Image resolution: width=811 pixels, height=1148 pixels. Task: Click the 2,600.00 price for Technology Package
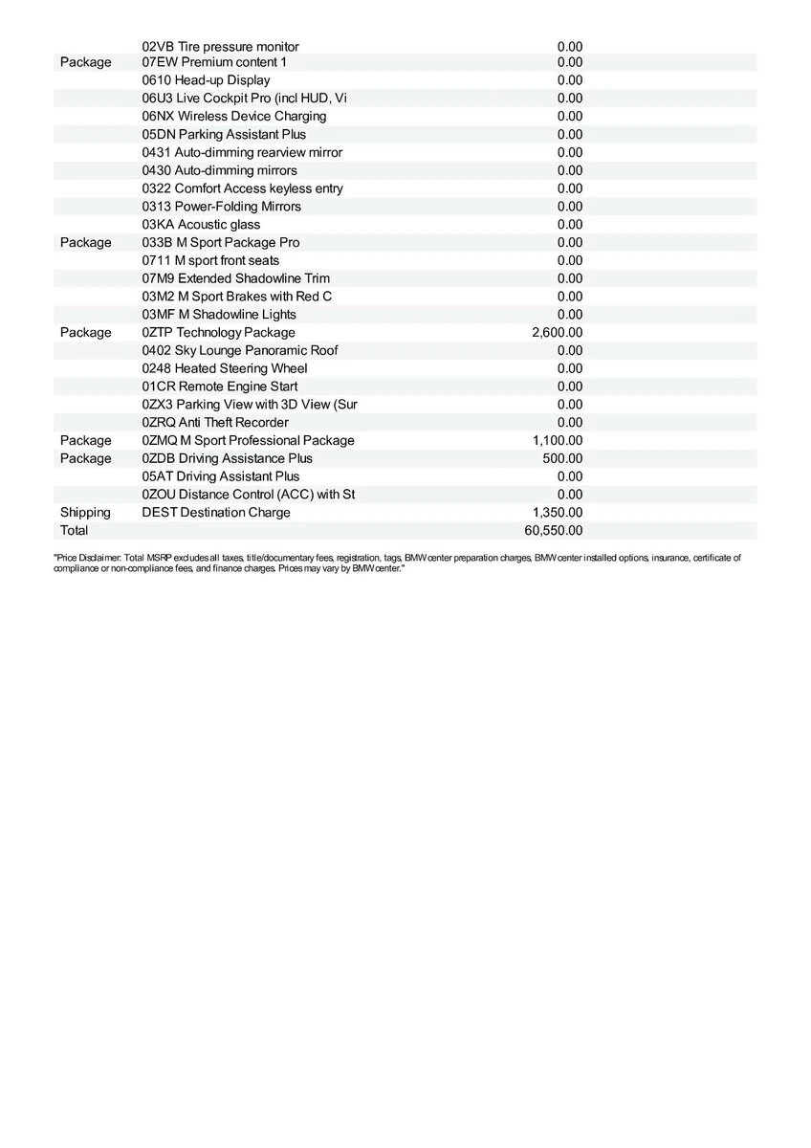click(x=557, y=332)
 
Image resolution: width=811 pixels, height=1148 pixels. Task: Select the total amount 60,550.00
click(x=554, y=530)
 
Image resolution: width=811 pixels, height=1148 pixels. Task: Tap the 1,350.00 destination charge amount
click(x=557, y=512)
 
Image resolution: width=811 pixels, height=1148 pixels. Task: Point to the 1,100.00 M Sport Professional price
click(x=557, y=440)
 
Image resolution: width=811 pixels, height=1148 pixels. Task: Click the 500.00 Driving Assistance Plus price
click(x=562, y=458)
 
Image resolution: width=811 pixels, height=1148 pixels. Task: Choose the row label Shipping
click(x=85, y=512)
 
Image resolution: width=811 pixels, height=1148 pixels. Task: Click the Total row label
click(x=74, y=530)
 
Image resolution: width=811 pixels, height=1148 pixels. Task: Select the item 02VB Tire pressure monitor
click(x=220, y=46)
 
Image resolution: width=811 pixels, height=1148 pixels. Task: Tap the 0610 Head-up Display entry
click(x=206, y=80)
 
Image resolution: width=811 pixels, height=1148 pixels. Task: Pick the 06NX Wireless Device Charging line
click(x=233, y=116)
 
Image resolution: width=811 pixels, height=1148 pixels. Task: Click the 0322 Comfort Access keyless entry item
click(x=242, y=188)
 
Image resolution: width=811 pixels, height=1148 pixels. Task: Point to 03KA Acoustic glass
click(x=201, y=225)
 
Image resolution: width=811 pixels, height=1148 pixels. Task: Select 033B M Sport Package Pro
click(x=220, y=242)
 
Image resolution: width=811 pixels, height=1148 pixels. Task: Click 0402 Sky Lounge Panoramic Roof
click(x=239, y=350)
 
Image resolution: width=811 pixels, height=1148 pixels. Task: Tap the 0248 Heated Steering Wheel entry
click(x=224, y=368)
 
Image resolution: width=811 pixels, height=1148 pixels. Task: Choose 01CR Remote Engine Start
click(x=219, y=386)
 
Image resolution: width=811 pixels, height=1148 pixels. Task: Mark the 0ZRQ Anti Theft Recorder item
click(x=214, y=422)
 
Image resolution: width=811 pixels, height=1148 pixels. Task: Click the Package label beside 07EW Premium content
click(x=85, y=62)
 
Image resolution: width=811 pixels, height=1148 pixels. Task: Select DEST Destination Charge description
click(x=215, y=512)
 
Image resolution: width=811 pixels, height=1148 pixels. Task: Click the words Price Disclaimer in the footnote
click(x=88, y=557)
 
